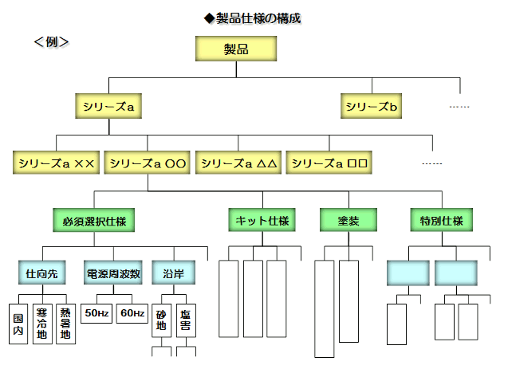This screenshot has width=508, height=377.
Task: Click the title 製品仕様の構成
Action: [253, 18]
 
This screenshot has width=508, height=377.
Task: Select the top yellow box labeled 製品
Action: [236, 49]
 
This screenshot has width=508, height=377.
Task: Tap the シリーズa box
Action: [109, 106]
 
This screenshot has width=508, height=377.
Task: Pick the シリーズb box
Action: [372, 106]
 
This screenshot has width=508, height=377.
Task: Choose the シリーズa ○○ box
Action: [148, 163]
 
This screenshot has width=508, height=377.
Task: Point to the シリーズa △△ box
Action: [238, 163]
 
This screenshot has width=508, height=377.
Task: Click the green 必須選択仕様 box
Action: [93, 219]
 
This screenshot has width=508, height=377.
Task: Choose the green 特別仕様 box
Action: [441, 219]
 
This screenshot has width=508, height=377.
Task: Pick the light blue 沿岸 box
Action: [173, 273]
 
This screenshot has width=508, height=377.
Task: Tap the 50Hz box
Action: [97, 313]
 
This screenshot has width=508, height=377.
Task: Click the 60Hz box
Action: [132, 313]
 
